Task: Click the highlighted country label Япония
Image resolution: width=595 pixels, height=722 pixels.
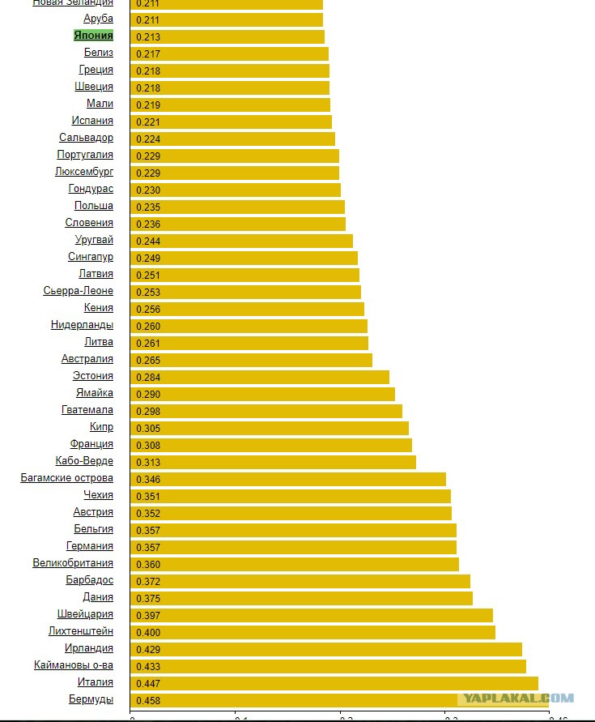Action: (93, 36)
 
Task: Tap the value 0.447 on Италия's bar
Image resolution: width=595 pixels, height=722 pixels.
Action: (147, 683)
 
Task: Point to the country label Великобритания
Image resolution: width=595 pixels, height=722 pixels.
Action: (73, 563)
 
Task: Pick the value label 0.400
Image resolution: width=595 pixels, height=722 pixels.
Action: (147, 632)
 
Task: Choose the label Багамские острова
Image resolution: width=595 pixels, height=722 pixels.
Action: (67, 478)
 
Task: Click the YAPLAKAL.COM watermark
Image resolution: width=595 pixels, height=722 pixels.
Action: (517, 699)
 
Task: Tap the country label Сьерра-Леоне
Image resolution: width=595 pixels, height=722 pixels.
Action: (79, 291)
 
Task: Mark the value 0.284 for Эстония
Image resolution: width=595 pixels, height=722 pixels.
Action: (147, 377)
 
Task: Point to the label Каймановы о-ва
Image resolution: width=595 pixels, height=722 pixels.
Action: (74, 665)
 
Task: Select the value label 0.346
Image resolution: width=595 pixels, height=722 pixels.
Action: (147, 479)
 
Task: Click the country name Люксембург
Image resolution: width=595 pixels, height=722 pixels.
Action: (84, 172)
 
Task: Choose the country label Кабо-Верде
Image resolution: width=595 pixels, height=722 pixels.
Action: (84, 461)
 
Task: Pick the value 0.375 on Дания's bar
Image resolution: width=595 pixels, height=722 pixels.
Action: (147, 598)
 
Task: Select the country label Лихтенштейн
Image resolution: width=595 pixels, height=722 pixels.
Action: (81, 631)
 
